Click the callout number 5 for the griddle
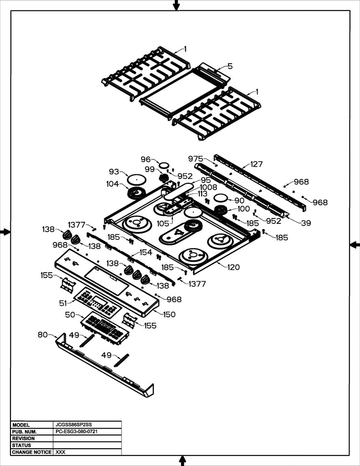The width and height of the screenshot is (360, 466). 230,66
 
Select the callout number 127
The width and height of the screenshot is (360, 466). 256,164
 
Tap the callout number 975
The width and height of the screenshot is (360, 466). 196,158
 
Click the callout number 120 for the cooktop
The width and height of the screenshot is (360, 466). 233,267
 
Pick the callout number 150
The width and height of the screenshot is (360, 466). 169,314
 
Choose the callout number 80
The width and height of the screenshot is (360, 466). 42,334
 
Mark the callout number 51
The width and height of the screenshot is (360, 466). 63,303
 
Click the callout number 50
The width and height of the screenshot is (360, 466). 70,314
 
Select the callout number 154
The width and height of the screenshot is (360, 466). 146,252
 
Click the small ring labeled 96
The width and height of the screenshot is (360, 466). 164,165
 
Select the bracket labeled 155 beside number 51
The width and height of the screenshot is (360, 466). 68,285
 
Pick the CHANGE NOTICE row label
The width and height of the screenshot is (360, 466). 31,452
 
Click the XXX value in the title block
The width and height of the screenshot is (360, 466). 60,452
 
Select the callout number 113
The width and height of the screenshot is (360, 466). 203,194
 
